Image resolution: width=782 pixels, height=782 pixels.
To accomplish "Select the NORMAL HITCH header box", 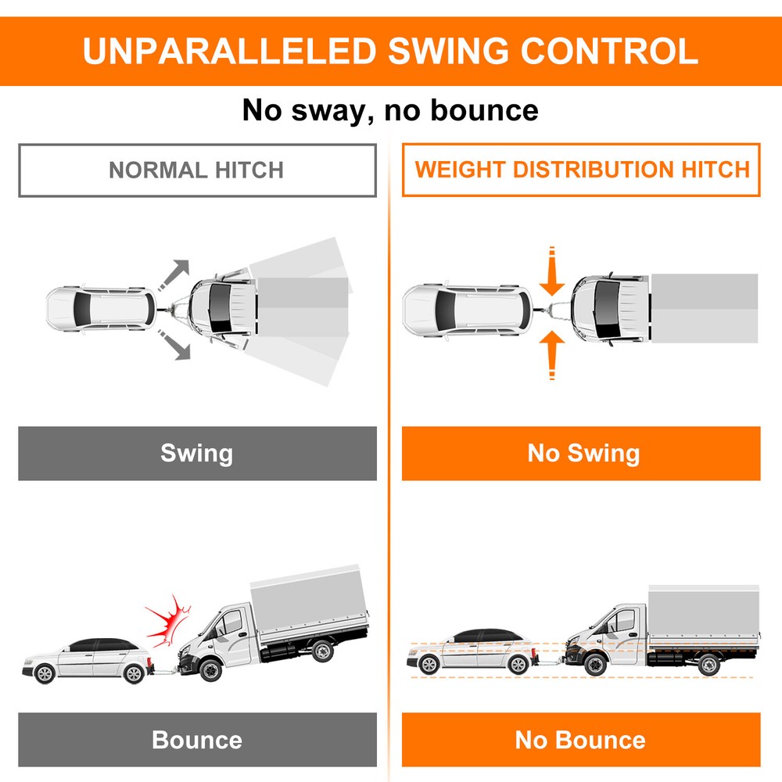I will [x=196, y=170].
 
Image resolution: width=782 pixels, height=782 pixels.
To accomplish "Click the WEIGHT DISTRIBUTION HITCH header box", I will [x=581, y=170].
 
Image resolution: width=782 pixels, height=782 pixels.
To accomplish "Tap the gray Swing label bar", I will [x=197, y=453].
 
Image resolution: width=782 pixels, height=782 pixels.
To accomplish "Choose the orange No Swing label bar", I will [x=581, y=453].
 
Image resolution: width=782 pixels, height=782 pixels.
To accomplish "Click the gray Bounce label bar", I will [x=197, y=739].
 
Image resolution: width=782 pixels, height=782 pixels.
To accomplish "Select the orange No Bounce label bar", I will [x=581, y=739].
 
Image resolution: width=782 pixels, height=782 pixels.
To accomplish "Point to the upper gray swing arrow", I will [x=176, y=274].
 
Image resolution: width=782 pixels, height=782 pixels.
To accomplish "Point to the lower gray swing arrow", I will [x=176, y=346].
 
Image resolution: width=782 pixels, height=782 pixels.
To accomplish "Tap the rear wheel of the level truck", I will [x=708, y=665].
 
